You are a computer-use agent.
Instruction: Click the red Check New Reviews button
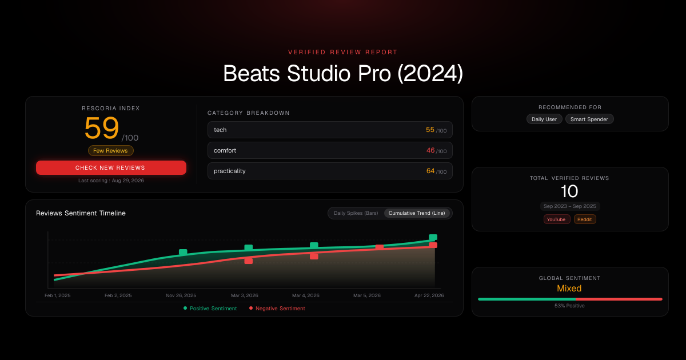(111, 168)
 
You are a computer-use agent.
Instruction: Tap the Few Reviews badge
(110, 151)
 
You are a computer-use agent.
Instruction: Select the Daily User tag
(544, 119)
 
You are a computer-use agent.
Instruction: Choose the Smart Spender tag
(589, 119)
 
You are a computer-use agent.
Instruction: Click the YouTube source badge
(556, 219)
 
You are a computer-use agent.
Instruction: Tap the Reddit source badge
(585, 219)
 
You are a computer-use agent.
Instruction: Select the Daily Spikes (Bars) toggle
(356, 213)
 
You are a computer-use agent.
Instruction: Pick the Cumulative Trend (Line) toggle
(417, 213)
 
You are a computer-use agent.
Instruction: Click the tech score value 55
(430, 130)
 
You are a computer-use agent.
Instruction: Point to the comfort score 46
(430, 150)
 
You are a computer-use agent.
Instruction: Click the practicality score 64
(430, 171)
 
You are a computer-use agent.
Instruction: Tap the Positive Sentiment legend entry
(210, 308)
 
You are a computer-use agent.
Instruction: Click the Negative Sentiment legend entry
(277, 308)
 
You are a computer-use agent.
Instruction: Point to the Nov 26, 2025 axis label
(181, 295)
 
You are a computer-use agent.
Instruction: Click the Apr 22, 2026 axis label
(429, 295)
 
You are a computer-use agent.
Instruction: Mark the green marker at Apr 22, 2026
(433, 237)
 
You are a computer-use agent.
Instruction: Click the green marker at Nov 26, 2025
(183, 252)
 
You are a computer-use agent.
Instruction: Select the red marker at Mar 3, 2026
(248, 261)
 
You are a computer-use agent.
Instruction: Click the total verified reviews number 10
(569, 191)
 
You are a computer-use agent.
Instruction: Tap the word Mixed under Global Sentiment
(569, 289)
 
